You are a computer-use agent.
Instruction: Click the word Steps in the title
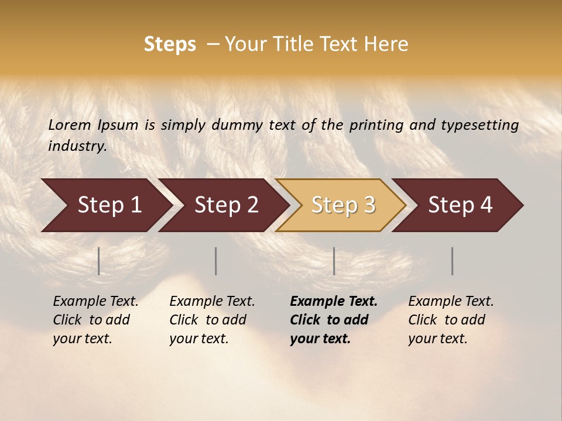point(170,44)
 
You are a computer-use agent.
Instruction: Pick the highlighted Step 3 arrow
point(343,205)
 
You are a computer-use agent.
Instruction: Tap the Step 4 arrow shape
point(460,205)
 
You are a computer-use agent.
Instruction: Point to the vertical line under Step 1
point(99,261)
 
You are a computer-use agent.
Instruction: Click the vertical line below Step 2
point(216,261)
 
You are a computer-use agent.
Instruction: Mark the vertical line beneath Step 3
point(334,261)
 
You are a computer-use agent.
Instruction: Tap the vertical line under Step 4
point(453,261)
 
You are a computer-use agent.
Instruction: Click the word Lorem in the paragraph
point(69,125)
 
